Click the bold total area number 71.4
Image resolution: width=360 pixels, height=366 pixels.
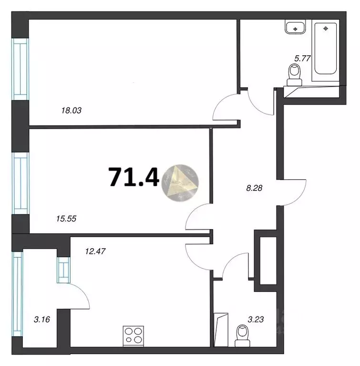pos(134,178)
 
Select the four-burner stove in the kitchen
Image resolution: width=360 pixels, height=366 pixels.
pos(133,335)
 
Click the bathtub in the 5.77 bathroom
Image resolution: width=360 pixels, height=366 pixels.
pos(326,51)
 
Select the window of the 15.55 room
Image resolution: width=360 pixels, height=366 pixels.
pos(21,183)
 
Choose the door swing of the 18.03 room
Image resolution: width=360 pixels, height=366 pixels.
pos(225,109)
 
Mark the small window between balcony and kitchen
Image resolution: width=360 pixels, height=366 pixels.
pos(63,270)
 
